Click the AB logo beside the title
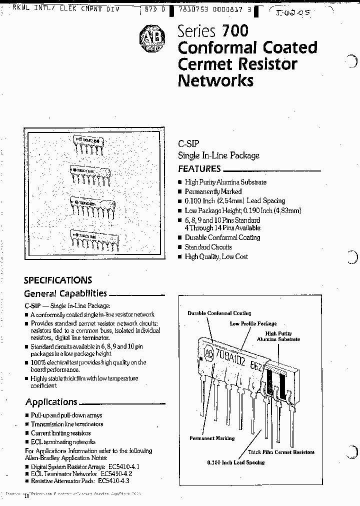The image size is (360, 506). coord(150,37)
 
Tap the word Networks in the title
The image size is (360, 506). coord(215,80)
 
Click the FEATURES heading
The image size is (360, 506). coord(199,169)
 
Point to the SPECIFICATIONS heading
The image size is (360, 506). coord(58,280)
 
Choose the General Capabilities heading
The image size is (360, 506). coord(65,293)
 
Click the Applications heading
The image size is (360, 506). coord(51,402)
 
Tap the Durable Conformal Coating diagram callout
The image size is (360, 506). coord(219,313)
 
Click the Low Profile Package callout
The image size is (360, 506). coord(253,323)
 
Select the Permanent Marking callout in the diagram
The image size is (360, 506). coord(212,438)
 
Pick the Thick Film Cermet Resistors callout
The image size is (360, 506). coord(281,452)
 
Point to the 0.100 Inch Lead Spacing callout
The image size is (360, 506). coord(236,462)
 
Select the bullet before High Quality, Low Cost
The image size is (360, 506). coord(180,257)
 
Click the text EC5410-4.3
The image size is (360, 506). coord(114,481)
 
